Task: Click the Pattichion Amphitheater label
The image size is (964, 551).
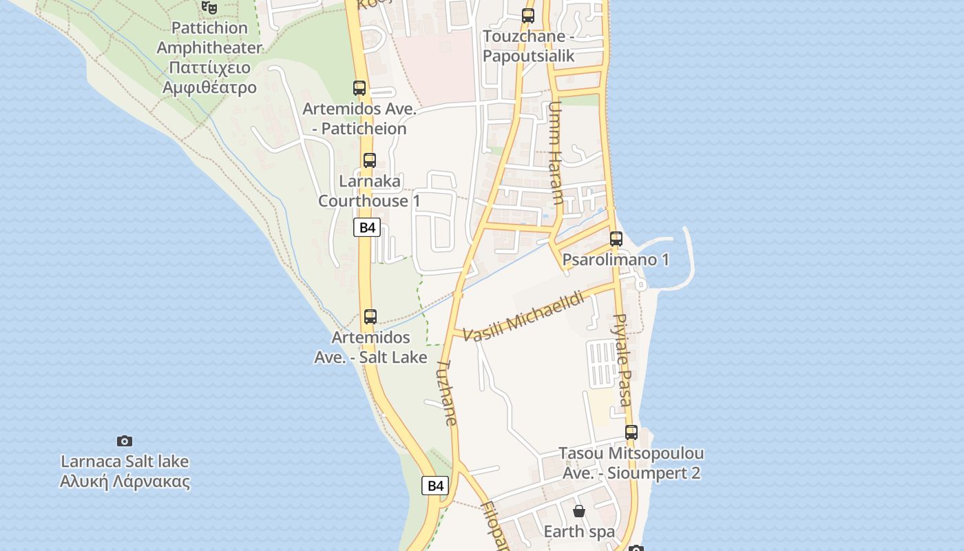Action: pos(209,38)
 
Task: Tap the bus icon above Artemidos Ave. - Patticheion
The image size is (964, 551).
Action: pos(359,88)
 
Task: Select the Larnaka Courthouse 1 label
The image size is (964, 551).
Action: pos(369,191)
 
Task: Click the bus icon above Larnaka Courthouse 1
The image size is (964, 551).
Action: pos(370,160)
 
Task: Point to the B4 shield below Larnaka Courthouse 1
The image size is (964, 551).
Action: pos(367,227)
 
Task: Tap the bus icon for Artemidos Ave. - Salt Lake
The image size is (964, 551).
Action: pos(370,317)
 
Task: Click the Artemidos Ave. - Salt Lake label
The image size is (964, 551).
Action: pos(370,347)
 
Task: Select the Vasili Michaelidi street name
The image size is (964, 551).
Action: pos(523,317)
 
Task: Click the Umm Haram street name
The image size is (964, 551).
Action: pos(555,153)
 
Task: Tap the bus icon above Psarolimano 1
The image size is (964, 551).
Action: pos(616,239)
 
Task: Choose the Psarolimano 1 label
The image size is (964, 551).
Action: pos(616,260)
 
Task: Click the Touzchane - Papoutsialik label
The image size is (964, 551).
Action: pos(528,46)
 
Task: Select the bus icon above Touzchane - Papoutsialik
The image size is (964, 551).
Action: pos(528,15)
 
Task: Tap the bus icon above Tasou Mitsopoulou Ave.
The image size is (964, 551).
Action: pos(631,433)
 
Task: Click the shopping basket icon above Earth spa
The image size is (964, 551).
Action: pos(579,511)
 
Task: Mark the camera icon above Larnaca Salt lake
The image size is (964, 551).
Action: pos(125,441)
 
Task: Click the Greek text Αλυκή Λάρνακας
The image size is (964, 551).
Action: pos(125,481)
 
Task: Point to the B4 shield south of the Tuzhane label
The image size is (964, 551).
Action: pos(435,486)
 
